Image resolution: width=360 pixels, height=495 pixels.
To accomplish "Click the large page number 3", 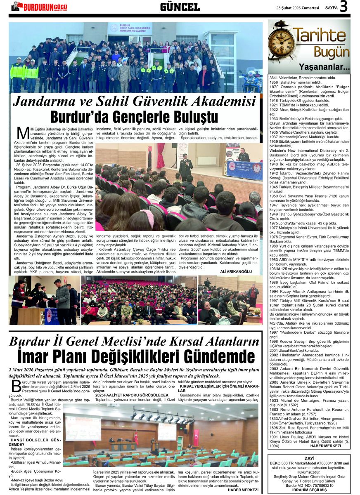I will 343,7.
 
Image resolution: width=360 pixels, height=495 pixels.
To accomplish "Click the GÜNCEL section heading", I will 180,7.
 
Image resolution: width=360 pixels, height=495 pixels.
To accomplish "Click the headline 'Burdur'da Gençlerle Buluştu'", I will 134,116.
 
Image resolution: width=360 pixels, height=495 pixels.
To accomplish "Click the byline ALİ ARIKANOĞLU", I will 236,272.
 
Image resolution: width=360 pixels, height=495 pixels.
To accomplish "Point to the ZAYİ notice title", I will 309,459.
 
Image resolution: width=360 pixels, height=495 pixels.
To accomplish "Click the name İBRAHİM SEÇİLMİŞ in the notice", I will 309,490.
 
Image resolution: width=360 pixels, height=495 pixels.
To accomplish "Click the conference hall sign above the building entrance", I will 130,29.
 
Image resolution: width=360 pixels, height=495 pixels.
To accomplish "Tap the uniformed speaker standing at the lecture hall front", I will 185,165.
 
